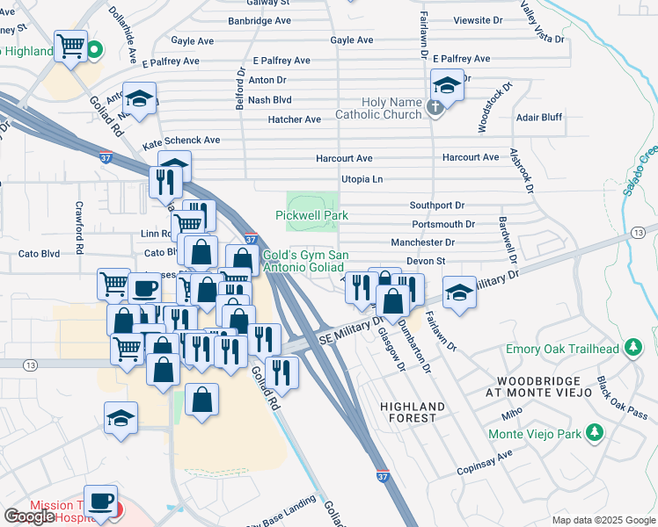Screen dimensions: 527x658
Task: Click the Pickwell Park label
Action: point(311,215)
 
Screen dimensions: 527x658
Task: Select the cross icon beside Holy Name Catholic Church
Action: point(433,108)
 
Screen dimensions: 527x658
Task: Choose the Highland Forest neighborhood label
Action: point(413,412)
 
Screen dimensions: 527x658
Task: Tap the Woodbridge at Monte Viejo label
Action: point(532,387)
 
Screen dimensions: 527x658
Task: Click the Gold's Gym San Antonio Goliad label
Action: point(307,261)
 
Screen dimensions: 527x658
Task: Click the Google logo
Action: point(29,516)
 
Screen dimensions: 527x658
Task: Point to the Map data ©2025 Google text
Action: point(603,520)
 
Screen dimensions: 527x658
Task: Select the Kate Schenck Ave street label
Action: point(181,141)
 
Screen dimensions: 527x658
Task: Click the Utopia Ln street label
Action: point(362,179)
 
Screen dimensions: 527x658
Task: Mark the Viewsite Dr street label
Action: point(478,19)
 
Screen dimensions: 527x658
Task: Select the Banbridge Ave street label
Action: point(260,19)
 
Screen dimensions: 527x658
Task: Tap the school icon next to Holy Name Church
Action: point(447,86)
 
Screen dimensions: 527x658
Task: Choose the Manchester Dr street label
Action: point(423,242)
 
